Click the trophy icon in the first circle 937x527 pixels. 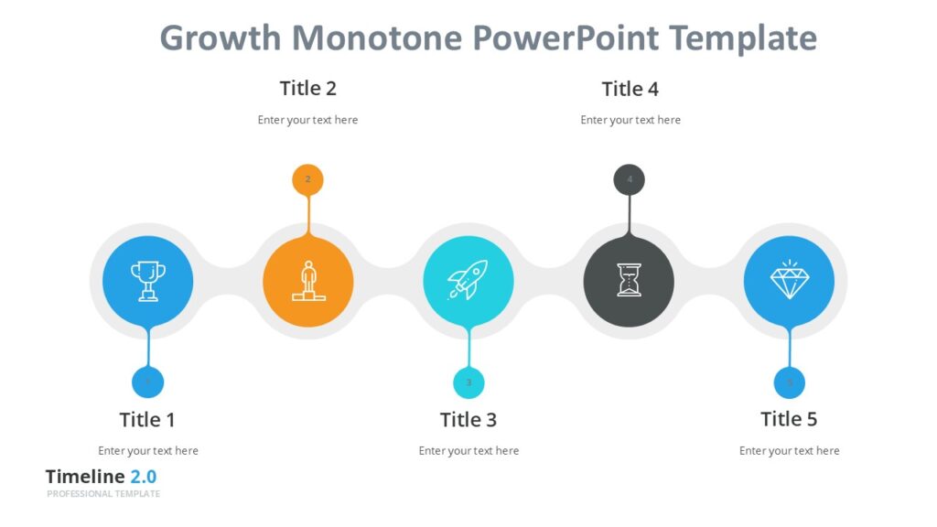[x=147, y=281]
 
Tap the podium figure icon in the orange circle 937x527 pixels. [x=308, y=281]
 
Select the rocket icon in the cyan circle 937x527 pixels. [x=468, y=281]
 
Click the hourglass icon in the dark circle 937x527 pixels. [x=629, y=281]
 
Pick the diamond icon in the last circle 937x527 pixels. [x=789, y=281]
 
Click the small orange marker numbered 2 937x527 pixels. [x=307, y=179]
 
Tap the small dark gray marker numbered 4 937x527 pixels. [x=629, y=179]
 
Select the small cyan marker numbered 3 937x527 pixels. [x=468, y=382]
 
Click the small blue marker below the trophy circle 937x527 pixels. [x=147, y=382]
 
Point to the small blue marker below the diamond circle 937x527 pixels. [x=790, y=382]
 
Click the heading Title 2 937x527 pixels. [x=307, y=89]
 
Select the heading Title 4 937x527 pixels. [x=630, y=89]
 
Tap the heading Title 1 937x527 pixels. [x=146, y=420]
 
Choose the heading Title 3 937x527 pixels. [x=468, y=420]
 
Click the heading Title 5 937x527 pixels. [x=789, y=419]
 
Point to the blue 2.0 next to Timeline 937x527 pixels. [x=143, y=477]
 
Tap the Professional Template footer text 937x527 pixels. [x=103, y=494]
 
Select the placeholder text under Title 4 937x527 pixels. [x=630, y=120]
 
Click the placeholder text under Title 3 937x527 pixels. [x=468, y=451]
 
